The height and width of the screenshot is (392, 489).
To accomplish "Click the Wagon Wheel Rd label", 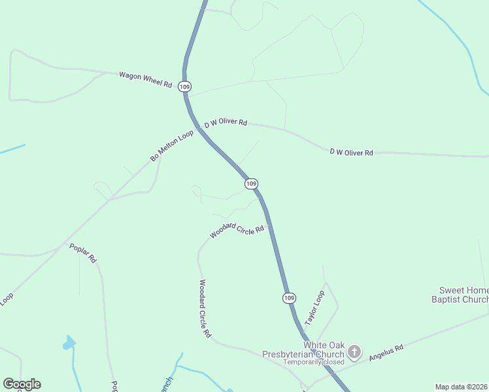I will (x=145, y=80).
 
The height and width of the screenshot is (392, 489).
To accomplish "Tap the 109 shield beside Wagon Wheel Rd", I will (x=185, y=86).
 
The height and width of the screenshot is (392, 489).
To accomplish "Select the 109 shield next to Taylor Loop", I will (x=290, y=298).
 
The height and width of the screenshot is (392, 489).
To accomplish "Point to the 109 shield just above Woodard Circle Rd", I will (x=252, y=184).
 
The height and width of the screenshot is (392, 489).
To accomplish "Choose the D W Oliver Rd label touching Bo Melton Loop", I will (x=226, y=123).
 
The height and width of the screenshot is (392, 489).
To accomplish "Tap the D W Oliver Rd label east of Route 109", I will (x=351, y=152).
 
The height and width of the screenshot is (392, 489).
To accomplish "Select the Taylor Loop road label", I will (x=314, y=308).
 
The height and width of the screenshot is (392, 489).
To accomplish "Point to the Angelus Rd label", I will (x=386, y=353).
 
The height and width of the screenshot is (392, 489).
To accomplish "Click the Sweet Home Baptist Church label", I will (x=464, y=295).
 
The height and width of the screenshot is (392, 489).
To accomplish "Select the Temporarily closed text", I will (x=313, y=362).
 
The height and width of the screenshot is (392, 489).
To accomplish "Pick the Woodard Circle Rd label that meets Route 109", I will (x=237, y=231).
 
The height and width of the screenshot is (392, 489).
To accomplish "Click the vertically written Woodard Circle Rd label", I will (x=205, y=308).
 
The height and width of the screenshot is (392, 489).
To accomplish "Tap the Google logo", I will (x=22, y=384).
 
